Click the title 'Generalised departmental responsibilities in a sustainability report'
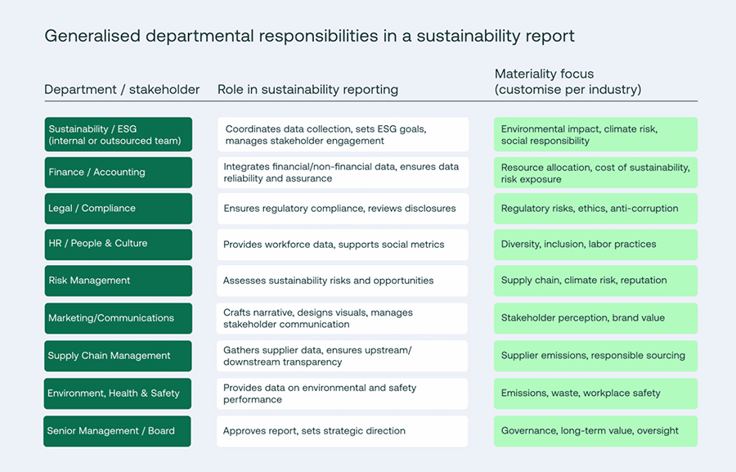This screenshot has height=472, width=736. (309, 36)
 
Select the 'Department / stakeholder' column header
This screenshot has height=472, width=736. (122, 89)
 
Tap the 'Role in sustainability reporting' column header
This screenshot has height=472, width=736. (307, 89)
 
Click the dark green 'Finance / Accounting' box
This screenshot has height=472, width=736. (119, 173)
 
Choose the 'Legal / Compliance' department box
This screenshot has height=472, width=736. (119, 209)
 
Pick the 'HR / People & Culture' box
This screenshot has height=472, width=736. (119, 244)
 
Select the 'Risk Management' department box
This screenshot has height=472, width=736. (119, 281)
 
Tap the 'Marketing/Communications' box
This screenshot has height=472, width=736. (119, 318)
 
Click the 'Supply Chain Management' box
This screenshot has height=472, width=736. (119, 356)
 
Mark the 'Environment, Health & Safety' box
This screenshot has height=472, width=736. (119, 393)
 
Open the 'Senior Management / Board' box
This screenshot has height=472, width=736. (118, 431)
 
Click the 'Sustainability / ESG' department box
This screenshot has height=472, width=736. (119, 135)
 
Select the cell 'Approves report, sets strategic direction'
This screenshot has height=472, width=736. (343, 431)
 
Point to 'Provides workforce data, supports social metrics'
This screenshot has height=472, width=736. (343, 245)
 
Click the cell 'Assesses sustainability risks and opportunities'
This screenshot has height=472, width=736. (343, 281)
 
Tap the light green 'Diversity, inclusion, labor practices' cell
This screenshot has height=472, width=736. (595, 245)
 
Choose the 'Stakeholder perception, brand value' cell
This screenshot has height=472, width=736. (595, 318)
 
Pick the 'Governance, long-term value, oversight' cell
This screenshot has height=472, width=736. (595, 431)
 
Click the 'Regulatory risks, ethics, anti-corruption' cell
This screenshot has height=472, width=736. (595, 209)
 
